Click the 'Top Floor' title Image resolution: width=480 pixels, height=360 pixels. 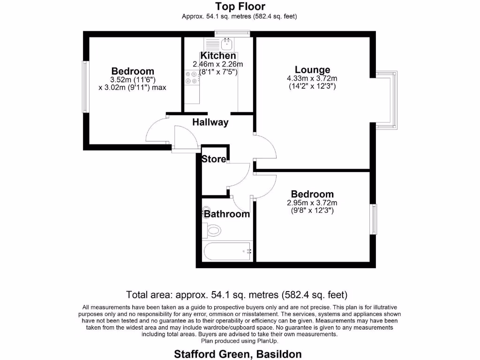[x=240, y=7]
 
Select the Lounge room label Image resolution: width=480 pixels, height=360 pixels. [x=312, y=70]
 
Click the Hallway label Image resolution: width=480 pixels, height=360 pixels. [x=210, y=122]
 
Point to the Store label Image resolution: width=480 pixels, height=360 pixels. [x=214, y=159]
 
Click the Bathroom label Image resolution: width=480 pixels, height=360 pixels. [x=227, y=214]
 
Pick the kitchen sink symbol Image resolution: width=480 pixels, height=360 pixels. [x=227, y=45]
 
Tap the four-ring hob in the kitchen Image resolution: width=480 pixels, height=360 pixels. [x=191, y=77]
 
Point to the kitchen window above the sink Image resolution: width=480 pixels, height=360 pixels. [x=232, y=33]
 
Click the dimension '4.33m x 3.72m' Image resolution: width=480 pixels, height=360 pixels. [x=312, y=79]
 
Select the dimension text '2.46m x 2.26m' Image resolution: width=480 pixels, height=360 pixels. [x=218, y=64]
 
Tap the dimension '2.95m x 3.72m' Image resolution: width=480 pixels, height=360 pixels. [x=312, y=202]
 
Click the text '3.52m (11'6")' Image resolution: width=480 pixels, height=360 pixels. [x=133, y=80]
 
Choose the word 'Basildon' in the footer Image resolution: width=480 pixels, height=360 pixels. [x=279, y=354]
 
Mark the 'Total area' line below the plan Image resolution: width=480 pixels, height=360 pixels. [x=237, y=295]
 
